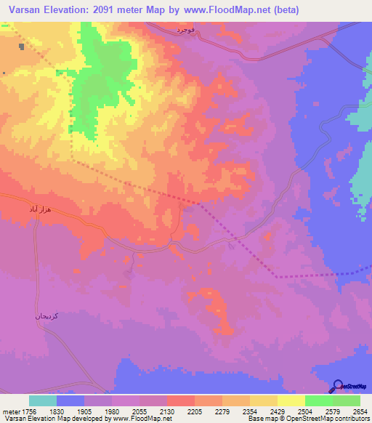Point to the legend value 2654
(360, 411)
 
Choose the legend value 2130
(166, 411)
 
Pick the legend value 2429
(278, 411)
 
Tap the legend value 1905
(84, 411)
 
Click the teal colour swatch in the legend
(43, 400)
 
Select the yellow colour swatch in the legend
(291, 400)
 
